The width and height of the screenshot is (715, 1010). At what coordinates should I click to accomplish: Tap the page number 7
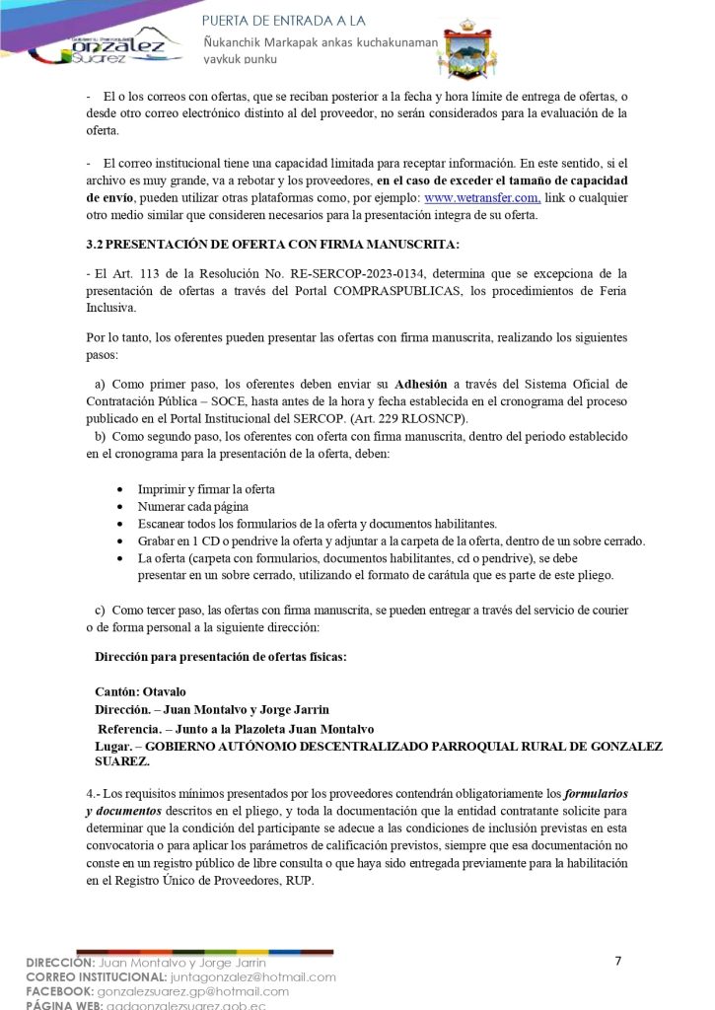click(x=617, y=962)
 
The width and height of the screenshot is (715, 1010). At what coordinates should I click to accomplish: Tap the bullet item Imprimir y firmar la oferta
click(x=205, y=489)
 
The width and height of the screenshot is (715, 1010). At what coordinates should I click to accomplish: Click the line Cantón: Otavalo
click(x=140, y=691)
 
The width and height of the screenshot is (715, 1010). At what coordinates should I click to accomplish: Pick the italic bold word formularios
click(x=594, y=794)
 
